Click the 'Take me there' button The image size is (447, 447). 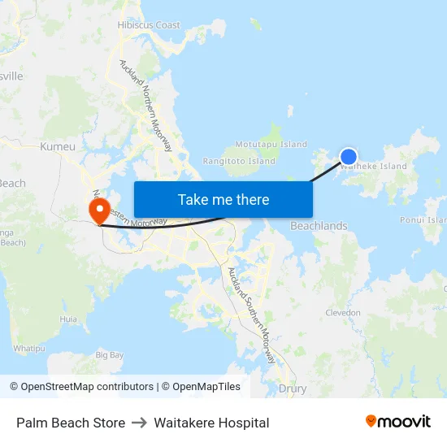(223, 199)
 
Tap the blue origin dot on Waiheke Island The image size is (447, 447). (348, 157)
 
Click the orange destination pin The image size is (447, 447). (98, 210)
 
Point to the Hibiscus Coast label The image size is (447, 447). (149, 25)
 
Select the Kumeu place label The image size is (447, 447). (58, 147)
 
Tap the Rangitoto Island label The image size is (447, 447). (239, 161)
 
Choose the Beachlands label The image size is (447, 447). (319, 226)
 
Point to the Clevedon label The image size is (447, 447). (342, 312)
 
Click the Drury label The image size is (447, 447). (293, 388)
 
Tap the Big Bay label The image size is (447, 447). (110, 355)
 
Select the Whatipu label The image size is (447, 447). (29, 348)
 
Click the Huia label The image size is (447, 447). (68, 319)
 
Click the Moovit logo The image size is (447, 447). (397, 422)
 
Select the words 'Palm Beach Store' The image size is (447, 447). (71, 423)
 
